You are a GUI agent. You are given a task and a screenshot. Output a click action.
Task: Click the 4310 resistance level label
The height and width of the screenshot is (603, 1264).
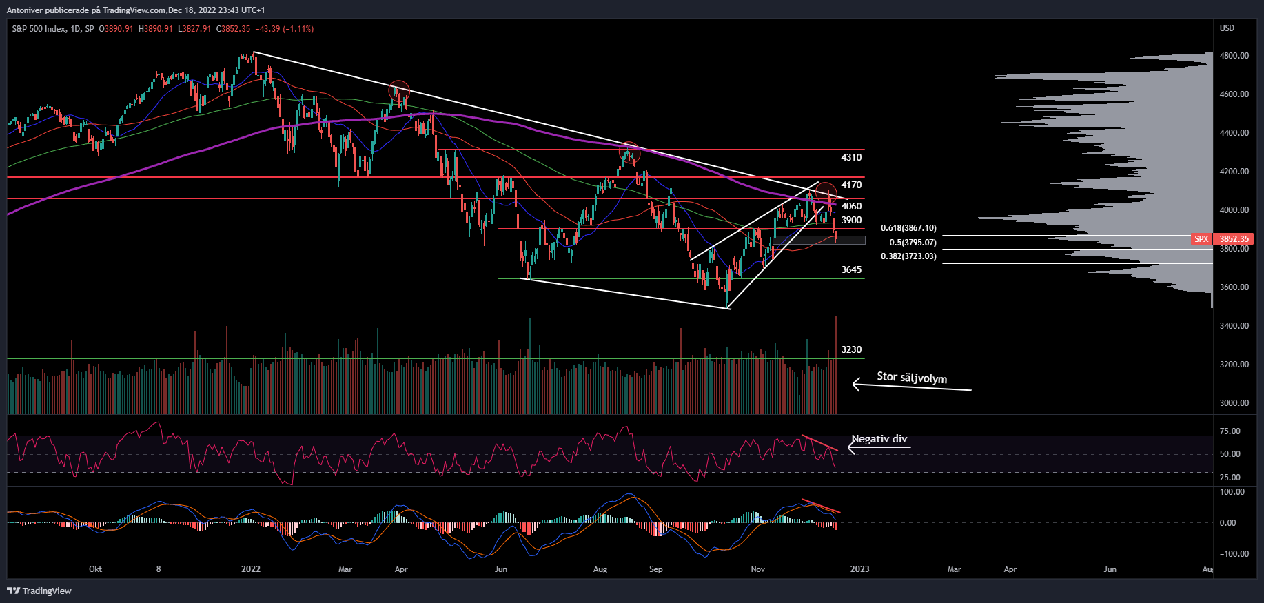tap(851, 158)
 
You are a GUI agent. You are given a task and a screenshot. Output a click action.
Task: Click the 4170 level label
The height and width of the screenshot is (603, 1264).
tap(851, 185)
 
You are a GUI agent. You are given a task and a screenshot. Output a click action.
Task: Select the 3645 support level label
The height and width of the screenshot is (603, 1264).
tap(851, 270)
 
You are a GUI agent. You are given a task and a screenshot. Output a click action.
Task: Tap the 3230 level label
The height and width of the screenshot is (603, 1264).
tap(851, 350)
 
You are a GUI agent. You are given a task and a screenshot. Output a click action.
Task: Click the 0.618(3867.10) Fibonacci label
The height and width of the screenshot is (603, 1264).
tap(908, 228)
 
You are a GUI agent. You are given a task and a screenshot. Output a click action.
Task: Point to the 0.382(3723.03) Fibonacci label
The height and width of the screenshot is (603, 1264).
tap(908, 256)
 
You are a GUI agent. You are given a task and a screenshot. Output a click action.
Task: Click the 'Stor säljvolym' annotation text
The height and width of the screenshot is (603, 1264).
tap(912, 378)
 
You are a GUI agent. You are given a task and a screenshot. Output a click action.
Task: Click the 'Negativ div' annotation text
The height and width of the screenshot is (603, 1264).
tap(879, 439)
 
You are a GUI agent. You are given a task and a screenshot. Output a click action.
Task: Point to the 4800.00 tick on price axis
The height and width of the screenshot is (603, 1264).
tap(1234, 56)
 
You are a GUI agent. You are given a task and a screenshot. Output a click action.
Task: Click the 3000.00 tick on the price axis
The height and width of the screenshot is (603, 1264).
tap(1234, 403)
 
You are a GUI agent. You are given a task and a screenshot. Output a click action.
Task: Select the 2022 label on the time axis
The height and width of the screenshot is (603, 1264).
tap(251, 569)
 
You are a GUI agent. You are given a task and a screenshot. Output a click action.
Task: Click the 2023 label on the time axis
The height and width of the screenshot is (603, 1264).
tap(859, 569)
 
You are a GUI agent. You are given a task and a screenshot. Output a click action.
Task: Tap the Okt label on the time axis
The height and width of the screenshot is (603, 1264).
tap(95, 569)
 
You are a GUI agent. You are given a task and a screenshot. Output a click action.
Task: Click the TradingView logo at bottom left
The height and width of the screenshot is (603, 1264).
tap(39, 591)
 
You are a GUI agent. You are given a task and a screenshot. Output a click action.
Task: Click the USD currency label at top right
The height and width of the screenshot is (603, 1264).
tap(1227, 28)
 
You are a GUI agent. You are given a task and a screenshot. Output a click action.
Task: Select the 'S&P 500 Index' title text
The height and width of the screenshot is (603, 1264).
tap(39, 29)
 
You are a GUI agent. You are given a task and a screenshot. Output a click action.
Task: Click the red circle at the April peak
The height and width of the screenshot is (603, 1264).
tap(399, 91)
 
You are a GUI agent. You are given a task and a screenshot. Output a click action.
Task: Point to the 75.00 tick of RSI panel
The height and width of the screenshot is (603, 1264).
tap(1230, 431)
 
